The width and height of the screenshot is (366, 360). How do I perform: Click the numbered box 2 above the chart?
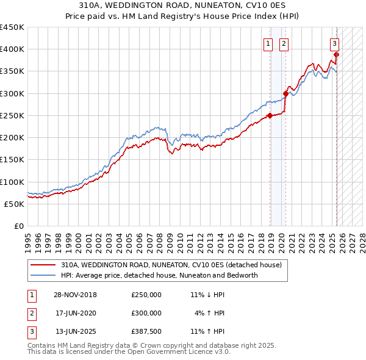284,43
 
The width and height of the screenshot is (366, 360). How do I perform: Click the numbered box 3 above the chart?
335,43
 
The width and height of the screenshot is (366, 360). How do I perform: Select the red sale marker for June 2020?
285,93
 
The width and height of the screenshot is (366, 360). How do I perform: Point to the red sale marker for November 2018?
270,115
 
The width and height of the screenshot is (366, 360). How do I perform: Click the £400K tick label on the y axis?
12,49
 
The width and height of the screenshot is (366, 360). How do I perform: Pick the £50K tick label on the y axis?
14,204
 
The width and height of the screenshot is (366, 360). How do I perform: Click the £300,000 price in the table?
146,313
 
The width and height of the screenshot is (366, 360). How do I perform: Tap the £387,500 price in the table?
146,331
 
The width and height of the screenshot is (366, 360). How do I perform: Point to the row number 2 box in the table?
30,313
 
